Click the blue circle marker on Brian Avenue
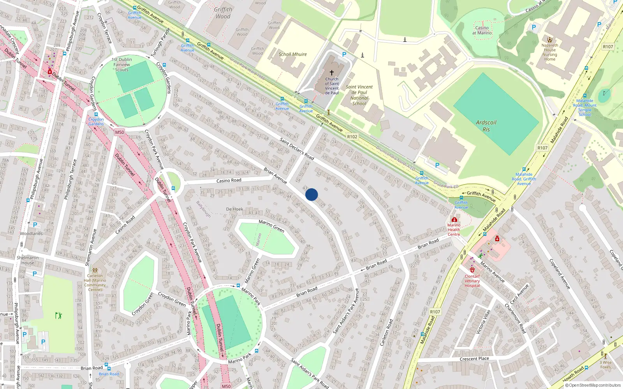click(311, 194)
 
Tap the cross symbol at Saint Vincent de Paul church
click(332, 73)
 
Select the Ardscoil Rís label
click(486, 126)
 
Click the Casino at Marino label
click(482, 30)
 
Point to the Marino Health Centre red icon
click(454, 220)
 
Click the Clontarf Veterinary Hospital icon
click(472, 270)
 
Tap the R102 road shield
click(352, 137)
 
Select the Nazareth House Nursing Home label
click(550, 52)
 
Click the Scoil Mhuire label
click(292, 54)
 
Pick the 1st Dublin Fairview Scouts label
click(121, 65)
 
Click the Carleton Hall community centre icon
click(95, 270)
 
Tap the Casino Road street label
click(229, 180)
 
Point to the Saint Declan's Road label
click(297, 149)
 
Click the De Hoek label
click(234, 209)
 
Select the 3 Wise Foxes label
click(605, 364)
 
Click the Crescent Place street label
click(474, 359)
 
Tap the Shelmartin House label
click(28, 260)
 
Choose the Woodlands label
click(32, 233)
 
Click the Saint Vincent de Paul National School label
click(359, 95)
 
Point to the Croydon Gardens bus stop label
click(96, 121)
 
